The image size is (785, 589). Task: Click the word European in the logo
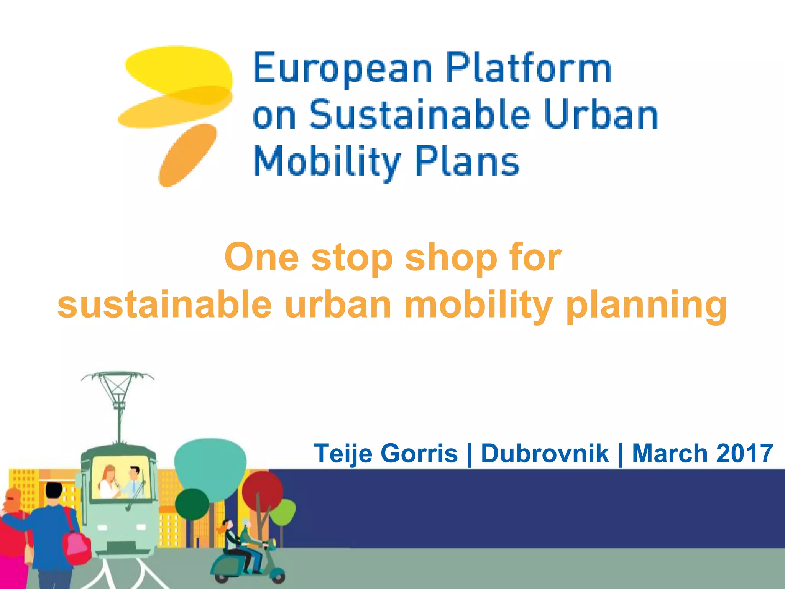[x=342, y=69]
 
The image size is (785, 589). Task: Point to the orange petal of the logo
[x=187, y=155]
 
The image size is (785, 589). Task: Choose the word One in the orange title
[x=261, y=258]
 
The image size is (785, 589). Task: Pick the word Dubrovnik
[x=545, y=454]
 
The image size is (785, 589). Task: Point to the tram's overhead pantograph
[x=118, y=387]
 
